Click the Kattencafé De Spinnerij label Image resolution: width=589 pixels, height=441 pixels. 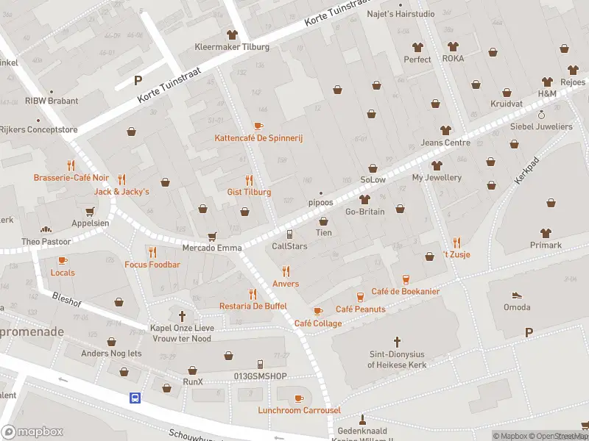point(258,138)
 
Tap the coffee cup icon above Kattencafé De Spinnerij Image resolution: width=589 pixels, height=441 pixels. point(258,126)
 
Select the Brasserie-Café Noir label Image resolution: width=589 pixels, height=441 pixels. point(71,178)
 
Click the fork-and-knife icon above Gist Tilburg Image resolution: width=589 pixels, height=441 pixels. point(249,180)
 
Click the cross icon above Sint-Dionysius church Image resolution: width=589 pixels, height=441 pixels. point(397,342)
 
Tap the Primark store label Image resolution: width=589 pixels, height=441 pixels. point(546,245)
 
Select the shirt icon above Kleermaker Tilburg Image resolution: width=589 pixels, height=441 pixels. point(233,35)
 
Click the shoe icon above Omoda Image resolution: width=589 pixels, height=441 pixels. point(517,295)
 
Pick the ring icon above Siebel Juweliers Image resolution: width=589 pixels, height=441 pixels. point(541,115)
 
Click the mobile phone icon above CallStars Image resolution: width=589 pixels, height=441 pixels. point(290,234)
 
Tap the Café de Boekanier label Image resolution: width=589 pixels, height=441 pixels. point(406,292)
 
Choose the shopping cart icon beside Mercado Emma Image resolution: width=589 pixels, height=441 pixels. point(213,236)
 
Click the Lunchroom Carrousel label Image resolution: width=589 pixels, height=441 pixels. point(299,410)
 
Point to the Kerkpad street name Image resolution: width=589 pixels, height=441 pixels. point(527,169)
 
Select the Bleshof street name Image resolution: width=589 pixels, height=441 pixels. point(67,298)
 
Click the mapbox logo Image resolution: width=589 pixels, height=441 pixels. point(32,432)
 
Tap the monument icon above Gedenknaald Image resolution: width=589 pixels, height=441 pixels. point(361,420)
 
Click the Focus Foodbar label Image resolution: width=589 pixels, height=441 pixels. point(152,265)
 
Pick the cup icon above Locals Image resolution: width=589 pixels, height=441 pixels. point(63,261)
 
